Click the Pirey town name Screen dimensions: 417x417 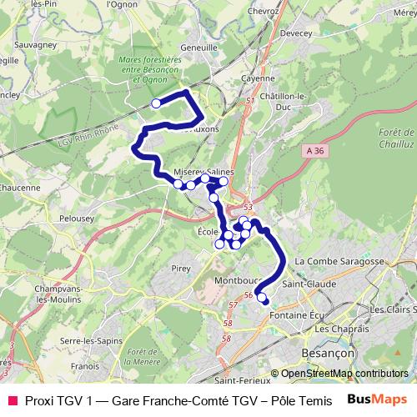(x=181, y=269)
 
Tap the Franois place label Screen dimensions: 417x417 (x=85, y=364)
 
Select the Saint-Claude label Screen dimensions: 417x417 (x=309, y=284)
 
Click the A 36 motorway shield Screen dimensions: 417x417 (x=314, y=150)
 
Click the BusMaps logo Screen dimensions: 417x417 (x=376, y=400)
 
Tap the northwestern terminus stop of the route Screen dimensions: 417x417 (x=156, y=103)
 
